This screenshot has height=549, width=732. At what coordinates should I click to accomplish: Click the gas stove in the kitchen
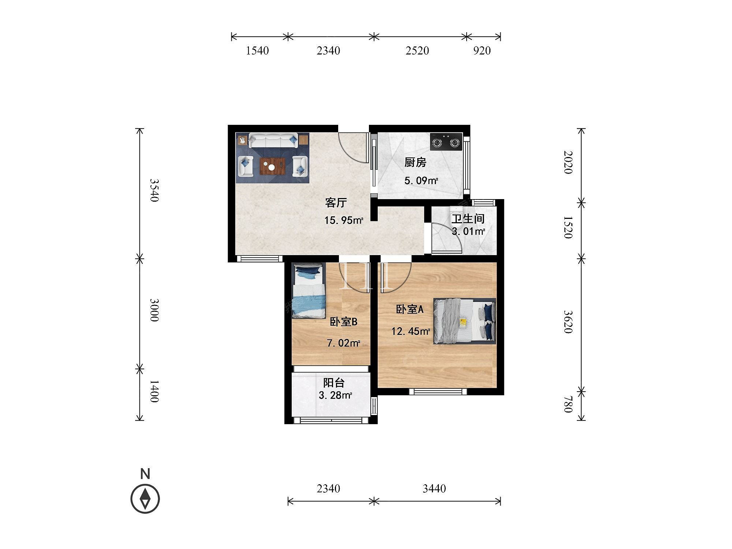[446, 142]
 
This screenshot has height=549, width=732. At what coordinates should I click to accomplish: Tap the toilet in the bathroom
[456, 214]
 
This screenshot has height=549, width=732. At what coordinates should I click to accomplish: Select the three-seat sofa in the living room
[273, 141]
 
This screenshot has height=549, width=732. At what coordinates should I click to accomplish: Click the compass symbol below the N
[145, 499]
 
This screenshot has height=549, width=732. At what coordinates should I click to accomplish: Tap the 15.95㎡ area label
[344, 220]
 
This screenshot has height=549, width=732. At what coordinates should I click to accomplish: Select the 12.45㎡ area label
[411, 332]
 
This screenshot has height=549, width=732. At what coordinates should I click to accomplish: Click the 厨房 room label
[415, 162]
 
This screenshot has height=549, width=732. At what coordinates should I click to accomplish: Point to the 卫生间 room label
[468, 219]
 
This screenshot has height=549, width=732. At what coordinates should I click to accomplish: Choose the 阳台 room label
[334, 383]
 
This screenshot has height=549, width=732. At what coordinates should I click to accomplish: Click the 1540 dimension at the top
[257, 51]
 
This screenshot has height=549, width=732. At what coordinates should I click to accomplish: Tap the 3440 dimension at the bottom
[434, 489]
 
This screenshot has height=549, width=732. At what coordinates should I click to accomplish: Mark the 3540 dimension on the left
[154, 190]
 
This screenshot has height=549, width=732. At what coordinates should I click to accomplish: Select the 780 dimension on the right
[568, 404]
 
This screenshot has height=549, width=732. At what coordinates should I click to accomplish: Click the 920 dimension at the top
[482, 51]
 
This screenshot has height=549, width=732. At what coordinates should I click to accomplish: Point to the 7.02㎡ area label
[343, 343]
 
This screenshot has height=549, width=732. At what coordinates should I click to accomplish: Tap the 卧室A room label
[410, 310]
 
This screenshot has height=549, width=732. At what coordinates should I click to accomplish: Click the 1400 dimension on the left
[154, 392]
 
